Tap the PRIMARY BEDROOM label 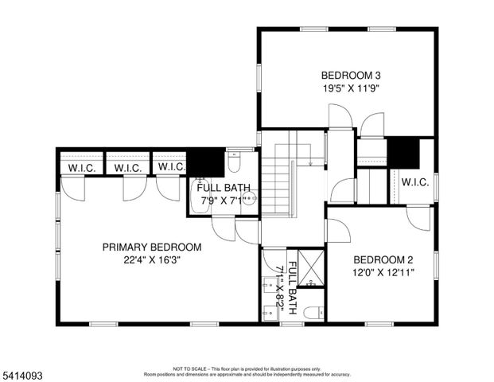pos(152,247)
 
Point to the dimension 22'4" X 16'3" pos(152,260)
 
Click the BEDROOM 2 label pos(383,259)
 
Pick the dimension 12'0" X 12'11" pos(383,272)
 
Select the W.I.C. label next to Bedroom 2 pos(415,182)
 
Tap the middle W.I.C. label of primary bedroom pos(127,168)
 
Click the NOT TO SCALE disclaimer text pos(247,369)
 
